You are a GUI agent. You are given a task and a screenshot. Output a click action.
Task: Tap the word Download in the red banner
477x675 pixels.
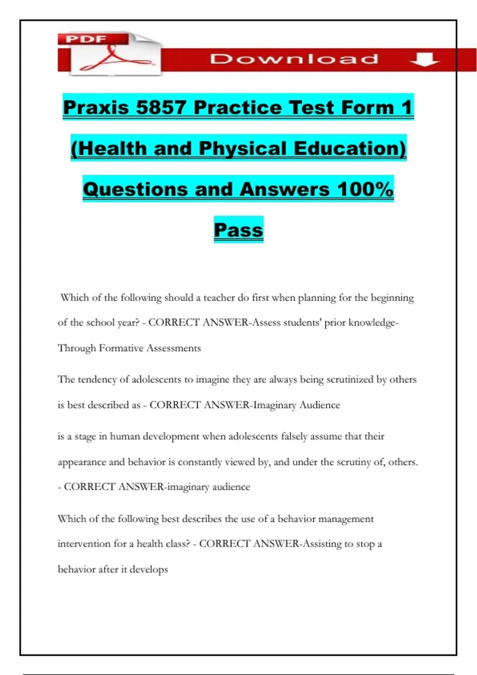coord(294,59)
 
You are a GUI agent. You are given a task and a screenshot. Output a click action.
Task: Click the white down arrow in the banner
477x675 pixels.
coord(424,60)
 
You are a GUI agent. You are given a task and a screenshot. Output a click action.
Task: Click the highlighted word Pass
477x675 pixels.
coord(238,230)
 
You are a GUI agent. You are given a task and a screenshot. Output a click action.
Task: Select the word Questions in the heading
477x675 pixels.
coord(135,189)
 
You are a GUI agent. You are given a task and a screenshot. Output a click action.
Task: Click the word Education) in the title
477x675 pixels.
coord(350,148)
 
